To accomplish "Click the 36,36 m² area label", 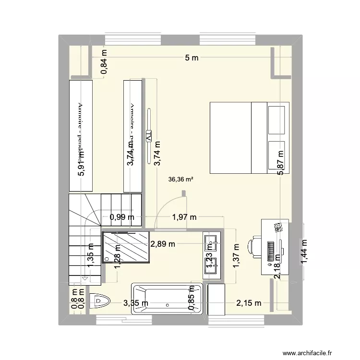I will point(181,180).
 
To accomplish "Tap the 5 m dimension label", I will point(192,58).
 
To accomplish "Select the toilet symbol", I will point(100,301).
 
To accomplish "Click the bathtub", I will point(166,301).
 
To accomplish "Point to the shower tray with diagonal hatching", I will point(126,246).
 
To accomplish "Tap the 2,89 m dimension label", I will point(163,243).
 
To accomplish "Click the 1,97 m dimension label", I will point(184,217).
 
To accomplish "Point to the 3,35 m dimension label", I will point(135,303).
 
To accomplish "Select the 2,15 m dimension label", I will point(249,303).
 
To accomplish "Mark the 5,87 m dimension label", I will point(280,163).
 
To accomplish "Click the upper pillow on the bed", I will point(277,119).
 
